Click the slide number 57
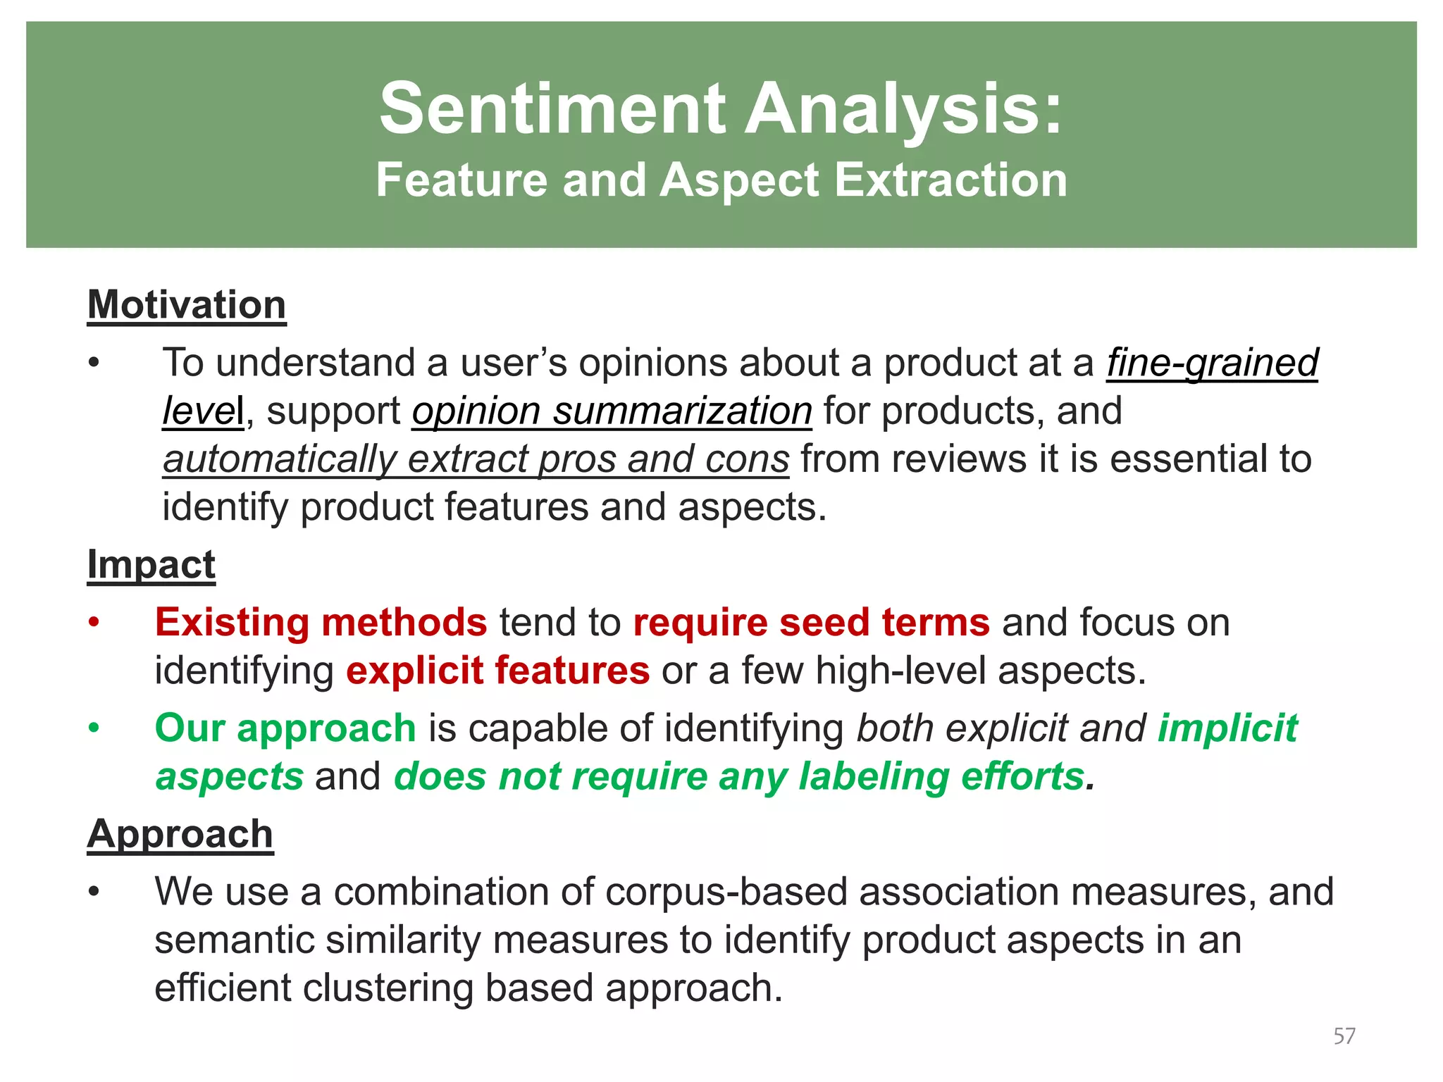click(x=1344, y=1036)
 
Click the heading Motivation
click(x=187, y=305)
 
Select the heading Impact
click(x=151, y=564)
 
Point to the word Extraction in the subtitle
click(x=950, y=180)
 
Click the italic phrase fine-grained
click(x=1212, y=363)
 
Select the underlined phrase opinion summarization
click(x=612, y=411)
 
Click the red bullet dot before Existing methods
click(x=94, y=623)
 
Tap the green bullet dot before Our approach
click(x=94, y=728)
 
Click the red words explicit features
click(x=497, y=670)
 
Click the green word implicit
click(x=1227, y=728)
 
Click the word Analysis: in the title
click(x=904, y=108)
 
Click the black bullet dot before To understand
click(x=94, y=363)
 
